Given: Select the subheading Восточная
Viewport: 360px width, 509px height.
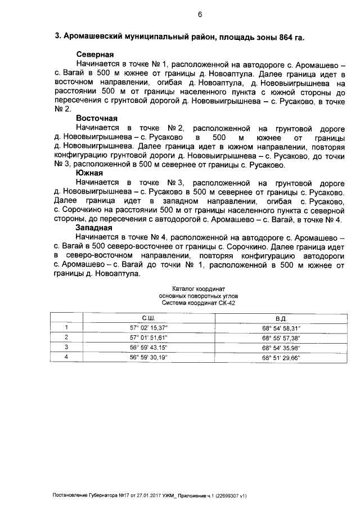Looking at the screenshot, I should point(97,119).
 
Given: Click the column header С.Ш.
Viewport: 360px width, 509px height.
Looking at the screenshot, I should point(149,318).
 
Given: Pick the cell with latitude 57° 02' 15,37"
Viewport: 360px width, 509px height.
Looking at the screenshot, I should point(149,327).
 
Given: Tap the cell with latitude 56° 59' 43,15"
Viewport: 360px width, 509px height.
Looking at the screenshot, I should point(149,347).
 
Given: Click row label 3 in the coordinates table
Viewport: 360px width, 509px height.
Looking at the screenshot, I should point(66,347).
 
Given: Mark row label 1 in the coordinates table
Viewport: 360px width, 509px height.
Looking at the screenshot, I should point(66,327).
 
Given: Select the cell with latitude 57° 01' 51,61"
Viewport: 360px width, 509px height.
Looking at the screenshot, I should point(149,337).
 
